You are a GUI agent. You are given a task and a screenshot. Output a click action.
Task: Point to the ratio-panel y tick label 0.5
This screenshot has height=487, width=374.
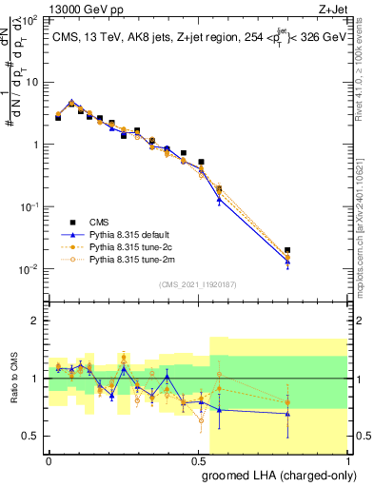coord(31,436)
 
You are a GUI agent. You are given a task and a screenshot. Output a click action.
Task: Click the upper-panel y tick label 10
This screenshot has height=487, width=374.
coord(31,82)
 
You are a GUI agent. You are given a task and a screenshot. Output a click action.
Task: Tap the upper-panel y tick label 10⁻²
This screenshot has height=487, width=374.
coord(30,269)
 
